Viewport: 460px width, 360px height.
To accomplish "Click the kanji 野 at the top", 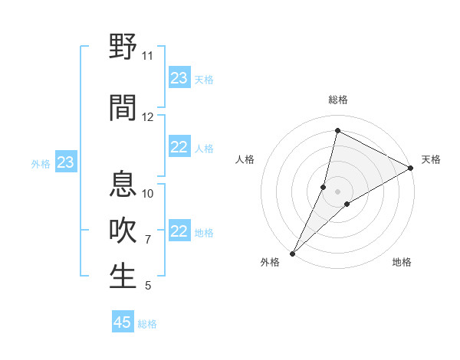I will click(x=123, y=47).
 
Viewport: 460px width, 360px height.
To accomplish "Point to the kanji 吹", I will click(x=123, y=231).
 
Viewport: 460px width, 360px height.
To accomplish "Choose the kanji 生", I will click(x=123, y=277).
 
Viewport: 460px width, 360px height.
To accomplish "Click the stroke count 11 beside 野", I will click(x=147, y=56).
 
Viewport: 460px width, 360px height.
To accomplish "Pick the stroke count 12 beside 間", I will click(x=147, y=117).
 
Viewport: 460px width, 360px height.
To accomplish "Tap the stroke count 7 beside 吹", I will click(x=147, y=240).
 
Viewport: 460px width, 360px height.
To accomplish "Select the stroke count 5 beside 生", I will click(x=147, y=286).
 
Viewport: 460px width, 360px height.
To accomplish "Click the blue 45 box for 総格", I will click(x=123, y=322).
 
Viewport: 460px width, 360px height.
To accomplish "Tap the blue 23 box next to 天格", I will click(x=179, y=78).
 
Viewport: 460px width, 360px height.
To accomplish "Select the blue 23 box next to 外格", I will click(x=66, y=162).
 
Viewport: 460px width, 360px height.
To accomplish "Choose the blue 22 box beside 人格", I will click(x=179, y=147).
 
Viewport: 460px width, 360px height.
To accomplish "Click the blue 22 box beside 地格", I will click(x=179, y=231).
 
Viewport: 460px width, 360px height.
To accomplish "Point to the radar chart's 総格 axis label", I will click(x=337, y=100).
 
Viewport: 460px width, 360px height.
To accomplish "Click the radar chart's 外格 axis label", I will click(x=270, y=262).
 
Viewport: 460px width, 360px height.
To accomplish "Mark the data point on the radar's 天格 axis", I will click(x=410, y=168).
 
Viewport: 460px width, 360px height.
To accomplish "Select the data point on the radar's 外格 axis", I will click(x=292, y=253).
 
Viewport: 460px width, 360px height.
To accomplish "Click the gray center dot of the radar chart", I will click(x=337, y=191).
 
